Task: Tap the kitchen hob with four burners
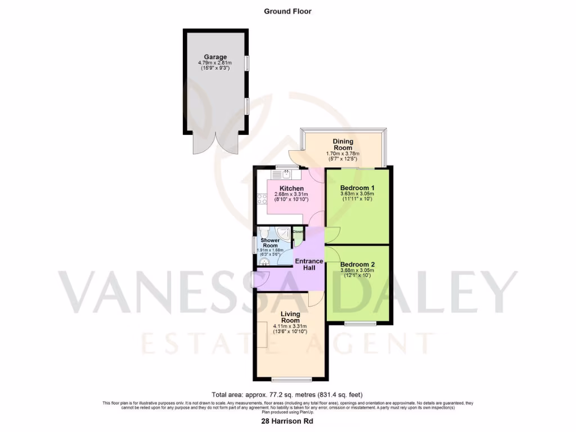tap(262, 198)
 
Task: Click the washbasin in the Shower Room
tap(264, 260)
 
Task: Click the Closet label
tap(298, 231)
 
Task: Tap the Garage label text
tap(215, 57)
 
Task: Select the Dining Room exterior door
tap(296, 159)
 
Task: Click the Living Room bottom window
tap(291, 377)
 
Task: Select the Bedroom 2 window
tap(360, 323)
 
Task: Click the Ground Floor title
tap(287, 11)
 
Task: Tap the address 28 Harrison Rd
tap(287, 421)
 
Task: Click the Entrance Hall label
tap(309, 264)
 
